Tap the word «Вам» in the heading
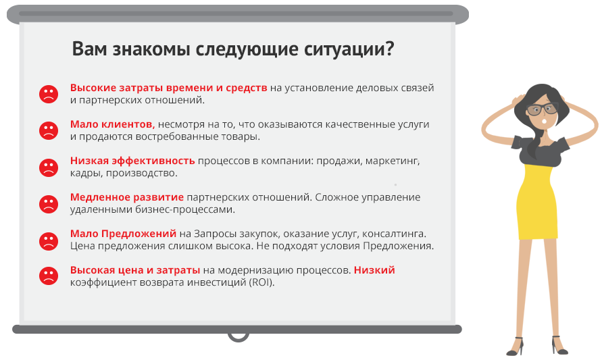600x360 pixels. click(90, 49)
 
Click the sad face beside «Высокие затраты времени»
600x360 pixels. click(49, 94)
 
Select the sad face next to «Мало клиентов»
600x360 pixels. click(49, 130)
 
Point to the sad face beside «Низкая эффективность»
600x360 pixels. click(49, 168)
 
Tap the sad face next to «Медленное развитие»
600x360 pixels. click(49, 204)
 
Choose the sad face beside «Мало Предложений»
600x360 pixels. click(49, 241)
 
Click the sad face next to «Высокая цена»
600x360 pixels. click(49, 276)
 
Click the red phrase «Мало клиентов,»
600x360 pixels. click(112, 124)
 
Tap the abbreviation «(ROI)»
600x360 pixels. click(261, 283)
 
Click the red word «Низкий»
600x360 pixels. click(374, 270)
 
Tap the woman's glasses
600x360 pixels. click(543, 109)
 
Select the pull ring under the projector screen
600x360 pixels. click(238, 336)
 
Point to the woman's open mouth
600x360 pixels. click(544, 122)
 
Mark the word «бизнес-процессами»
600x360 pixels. click(185, 209)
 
